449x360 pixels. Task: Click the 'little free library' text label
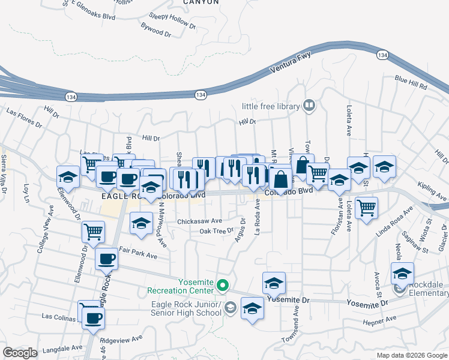click(270, 106)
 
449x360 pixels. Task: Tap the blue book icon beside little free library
click(309, 106)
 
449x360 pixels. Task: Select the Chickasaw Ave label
click(199, 221)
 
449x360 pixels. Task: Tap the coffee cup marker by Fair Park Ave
click(107, 259)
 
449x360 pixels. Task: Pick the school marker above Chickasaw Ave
click(141, 224)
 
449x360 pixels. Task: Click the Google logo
click(20, 353)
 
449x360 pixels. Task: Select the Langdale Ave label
click(62, 347)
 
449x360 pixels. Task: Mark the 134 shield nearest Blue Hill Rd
click(382, 55)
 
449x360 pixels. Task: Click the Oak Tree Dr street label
click(216, 231)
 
